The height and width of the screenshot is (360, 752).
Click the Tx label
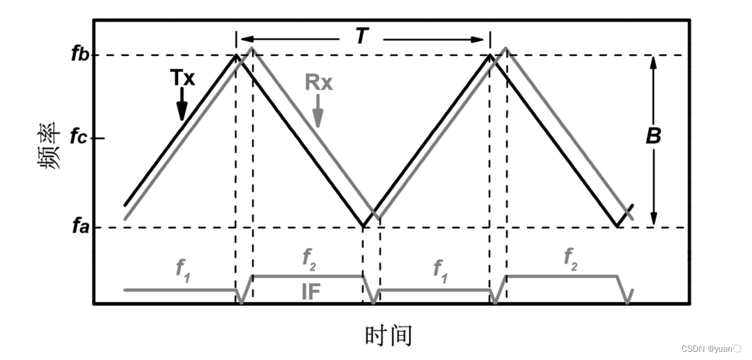click(182, 78)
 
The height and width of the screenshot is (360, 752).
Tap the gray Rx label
click(318, 83)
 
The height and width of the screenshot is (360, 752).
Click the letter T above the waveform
click(361, 37)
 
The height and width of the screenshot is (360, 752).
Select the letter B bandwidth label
click(653, 136)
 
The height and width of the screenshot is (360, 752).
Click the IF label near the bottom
click(311, 292)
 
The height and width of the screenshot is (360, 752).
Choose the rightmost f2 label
click(569, 258)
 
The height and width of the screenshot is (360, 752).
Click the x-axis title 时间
click(388, 335)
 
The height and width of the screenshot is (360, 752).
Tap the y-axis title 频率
click(48, 149)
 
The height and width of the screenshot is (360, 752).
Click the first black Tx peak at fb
click(237, 55)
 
